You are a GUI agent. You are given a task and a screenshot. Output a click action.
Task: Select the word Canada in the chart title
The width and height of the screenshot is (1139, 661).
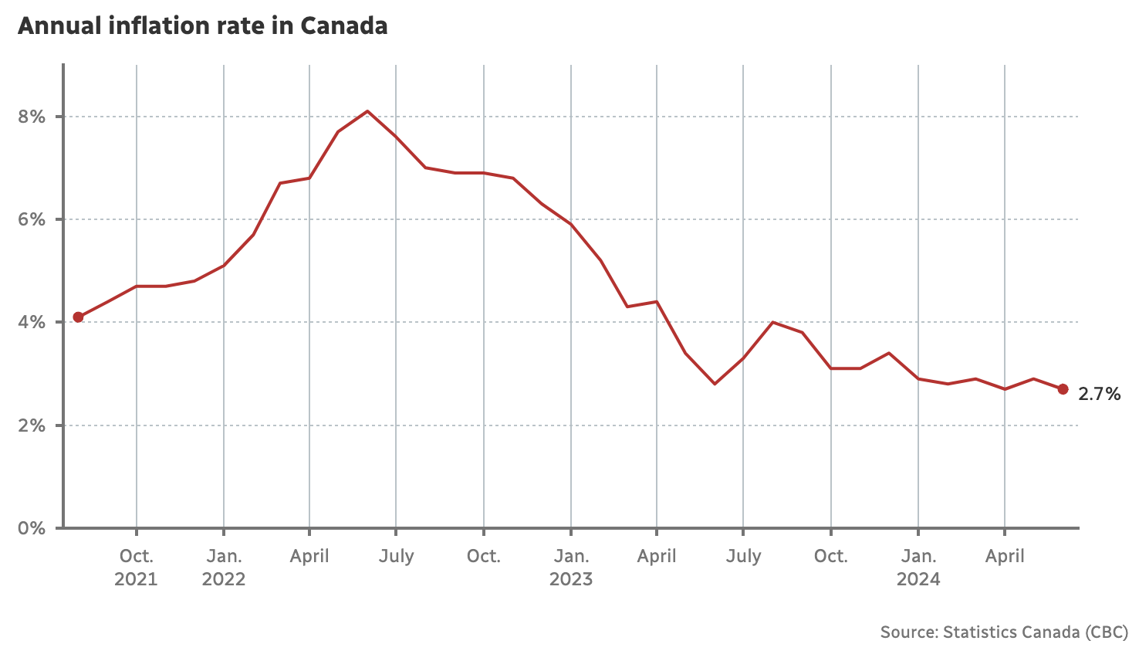click(x=343, y=26)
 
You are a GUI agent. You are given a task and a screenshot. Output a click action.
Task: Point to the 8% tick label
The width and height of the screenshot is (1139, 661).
click(x=32, y=117)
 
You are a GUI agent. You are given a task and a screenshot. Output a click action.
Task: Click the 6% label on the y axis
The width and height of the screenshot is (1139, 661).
click(x=32, y=219)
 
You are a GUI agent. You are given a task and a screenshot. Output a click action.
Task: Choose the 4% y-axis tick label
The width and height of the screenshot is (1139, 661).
click(x=32, y=322)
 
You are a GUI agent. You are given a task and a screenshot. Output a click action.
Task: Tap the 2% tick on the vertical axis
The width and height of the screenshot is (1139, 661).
click(x=32, y=425)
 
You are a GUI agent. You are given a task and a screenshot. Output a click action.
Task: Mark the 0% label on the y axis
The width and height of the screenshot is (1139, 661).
click(x=32, y=528)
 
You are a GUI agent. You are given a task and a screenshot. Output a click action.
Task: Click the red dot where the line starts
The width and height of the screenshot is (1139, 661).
click(x=78, y=317)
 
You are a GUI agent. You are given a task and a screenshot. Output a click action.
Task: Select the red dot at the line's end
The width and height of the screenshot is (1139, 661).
click(x=1063, y=389)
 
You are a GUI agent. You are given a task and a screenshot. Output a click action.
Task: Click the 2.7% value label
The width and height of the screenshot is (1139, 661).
click(x=1099, y=395)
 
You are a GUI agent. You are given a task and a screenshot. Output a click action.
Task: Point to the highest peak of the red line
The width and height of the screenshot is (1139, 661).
click(x=367, y=111)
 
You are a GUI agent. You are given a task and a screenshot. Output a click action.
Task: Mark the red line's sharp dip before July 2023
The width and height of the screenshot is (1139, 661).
click(x=715, y=384)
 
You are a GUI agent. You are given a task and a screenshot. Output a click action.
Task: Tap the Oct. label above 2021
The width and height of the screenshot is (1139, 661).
click(x=136, y=556)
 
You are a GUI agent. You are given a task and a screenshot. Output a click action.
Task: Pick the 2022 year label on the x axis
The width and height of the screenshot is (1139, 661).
click(x=224, y=579)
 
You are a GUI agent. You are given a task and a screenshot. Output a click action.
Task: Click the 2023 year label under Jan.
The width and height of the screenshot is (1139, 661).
click(x=571, y=579)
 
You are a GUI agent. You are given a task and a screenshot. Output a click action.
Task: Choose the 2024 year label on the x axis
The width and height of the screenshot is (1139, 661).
click(x=918, y=579)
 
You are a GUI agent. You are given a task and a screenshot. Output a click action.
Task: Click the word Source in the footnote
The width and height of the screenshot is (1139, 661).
click(x=908, y=632)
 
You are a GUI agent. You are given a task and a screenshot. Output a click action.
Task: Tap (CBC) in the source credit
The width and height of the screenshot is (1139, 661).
click(x=1106, y=632)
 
